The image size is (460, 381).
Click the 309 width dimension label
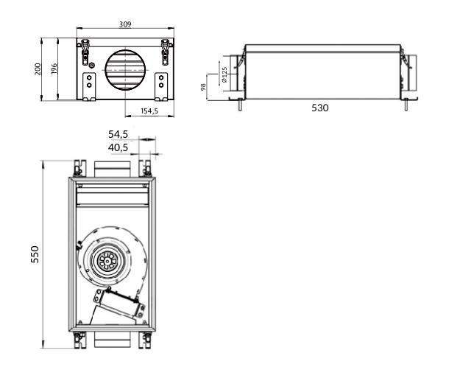pos(125,24)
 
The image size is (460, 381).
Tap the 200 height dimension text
pos(38,69)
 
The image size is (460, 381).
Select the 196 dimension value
pos(54,69)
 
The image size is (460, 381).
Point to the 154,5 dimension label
pos(149,111)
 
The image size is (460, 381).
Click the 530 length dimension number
pos(319,108)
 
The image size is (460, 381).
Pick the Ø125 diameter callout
pos(224,74)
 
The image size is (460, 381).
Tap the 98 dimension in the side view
pos(203,87)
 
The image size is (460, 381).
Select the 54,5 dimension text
pos(118,134)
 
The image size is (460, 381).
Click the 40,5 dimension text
pos(118,147)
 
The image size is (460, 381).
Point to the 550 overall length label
pos(35,254)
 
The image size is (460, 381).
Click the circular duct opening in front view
pos(126,70)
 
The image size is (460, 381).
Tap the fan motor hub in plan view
pos(107,261)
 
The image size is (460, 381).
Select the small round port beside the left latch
pos(92,65)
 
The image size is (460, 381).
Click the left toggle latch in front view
pos(85,52)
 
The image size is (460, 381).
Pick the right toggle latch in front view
pos(166,52)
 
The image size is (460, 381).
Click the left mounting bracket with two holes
pos(89,87)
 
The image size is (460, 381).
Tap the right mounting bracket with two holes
pos(161,87)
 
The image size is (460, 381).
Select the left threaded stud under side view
pos(240,105)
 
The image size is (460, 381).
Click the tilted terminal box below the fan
pos(118,304)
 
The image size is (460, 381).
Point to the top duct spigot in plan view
pos(112,169)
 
